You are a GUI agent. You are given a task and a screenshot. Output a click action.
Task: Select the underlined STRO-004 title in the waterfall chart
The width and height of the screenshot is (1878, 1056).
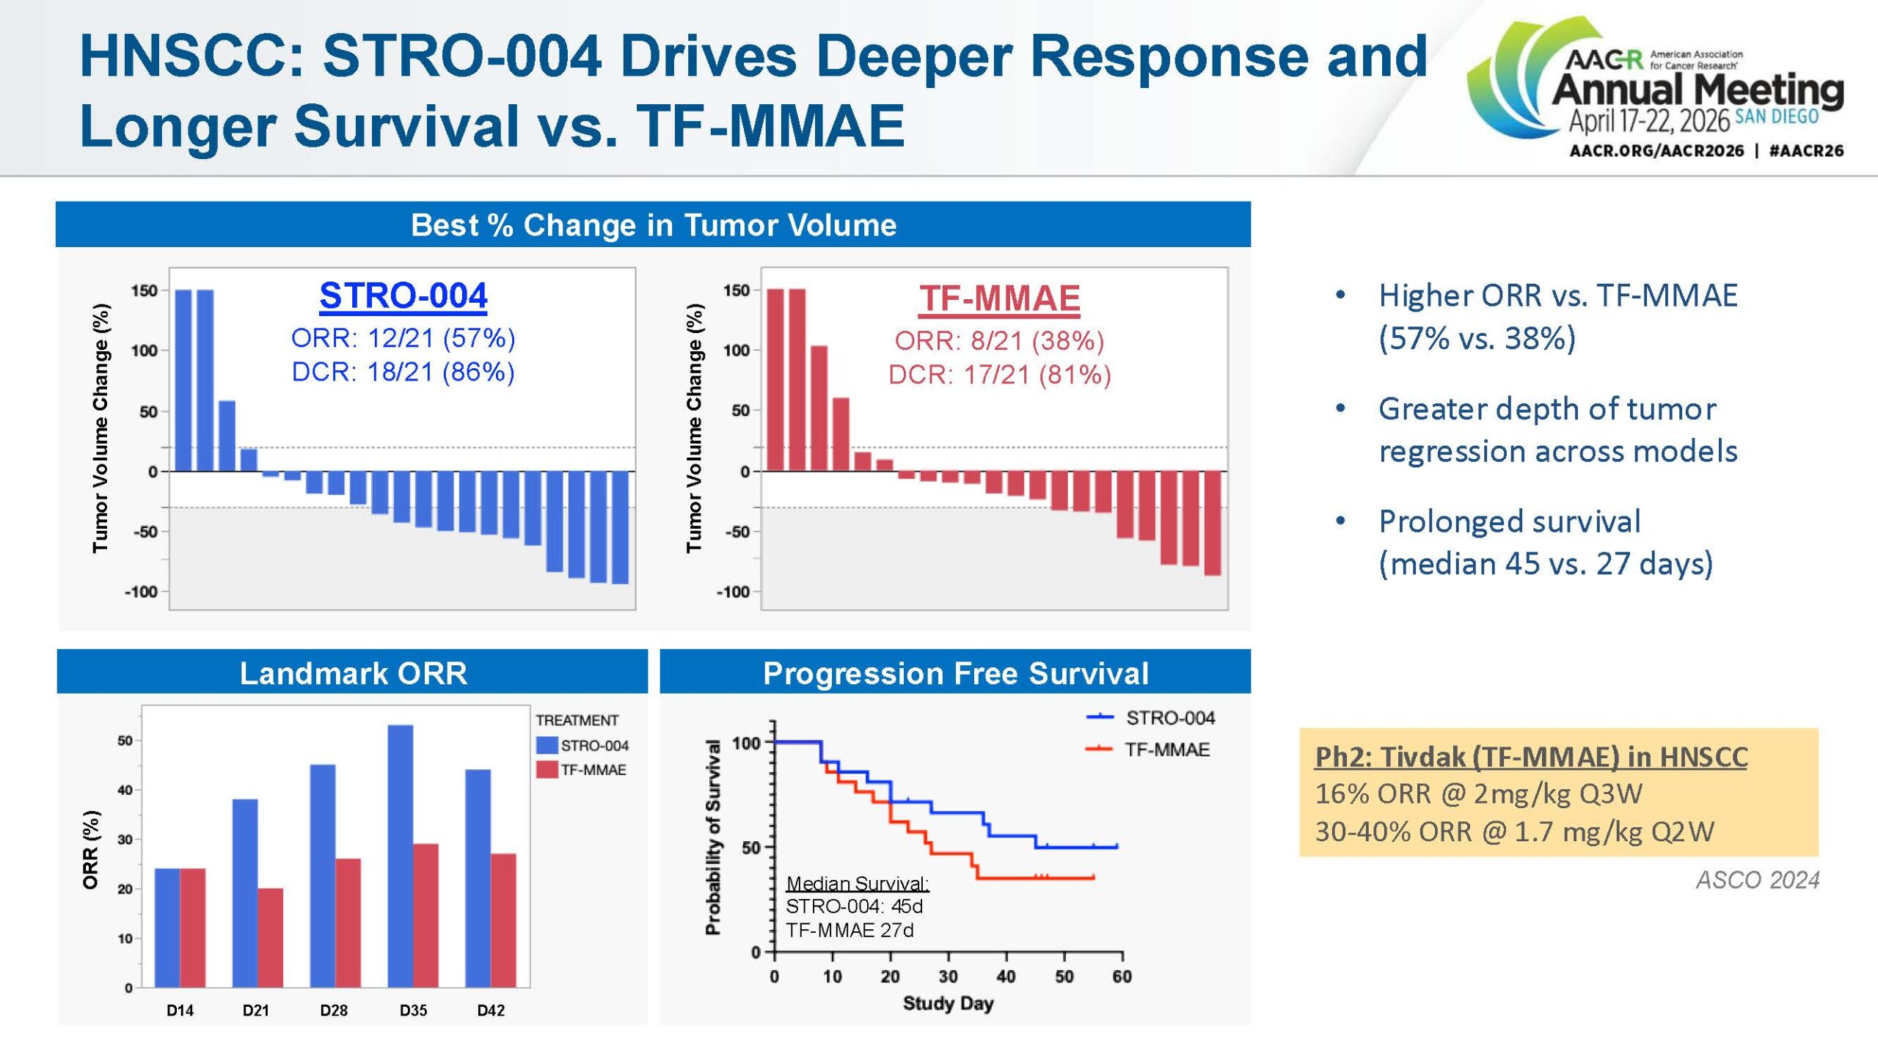point(403,296)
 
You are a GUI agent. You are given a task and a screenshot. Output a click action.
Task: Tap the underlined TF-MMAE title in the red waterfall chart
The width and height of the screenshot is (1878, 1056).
point(999,298)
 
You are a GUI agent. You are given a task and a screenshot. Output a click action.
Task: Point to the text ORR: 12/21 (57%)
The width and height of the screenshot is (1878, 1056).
point(403,338)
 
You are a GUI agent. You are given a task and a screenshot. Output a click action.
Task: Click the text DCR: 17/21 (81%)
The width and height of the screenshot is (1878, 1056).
point(999,375)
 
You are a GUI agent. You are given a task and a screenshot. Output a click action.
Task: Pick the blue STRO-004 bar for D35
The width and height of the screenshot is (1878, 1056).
point(401,856)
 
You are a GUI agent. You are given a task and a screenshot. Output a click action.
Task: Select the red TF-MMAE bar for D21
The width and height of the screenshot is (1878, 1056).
point(270,937)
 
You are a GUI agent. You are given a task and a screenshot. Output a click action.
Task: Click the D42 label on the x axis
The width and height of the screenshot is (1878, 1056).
point(491,1011)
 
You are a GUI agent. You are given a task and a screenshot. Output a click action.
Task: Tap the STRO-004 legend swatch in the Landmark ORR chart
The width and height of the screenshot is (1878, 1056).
point(547,746)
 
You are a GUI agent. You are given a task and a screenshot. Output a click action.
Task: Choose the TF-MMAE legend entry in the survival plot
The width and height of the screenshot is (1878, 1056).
point(1166,749)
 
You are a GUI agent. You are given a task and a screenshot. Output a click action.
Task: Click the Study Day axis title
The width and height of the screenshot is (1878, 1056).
point(948,1003)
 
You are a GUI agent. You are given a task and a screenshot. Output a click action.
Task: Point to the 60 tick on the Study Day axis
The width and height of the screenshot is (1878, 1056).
point(1122,977)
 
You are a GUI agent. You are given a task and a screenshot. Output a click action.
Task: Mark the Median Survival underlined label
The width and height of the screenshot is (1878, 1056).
point(858,884)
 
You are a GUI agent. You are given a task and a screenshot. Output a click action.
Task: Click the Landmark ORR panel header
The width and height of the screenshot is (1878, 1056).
point(353,672)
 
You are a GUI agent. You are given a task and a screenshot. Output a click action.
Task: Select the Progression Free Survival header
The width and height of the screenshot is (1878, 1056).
point(955,672)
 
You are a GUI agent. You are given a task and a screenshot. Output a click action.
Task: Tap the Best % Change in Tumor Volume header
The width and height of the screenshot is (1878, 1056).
point(653,225)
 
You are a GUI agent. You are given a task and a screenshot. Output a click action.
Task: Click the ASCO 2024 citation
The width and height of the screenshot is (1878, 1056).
point(1757,880)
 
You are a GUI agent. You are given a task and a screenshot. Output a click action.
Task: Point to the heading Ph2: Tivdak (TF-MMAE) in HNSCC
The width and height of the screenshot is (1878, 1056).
point(1531,757)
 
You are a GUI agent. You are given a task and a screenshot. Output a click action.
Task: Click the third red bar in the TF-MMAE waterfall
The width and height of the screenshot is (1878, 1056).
point(819,408)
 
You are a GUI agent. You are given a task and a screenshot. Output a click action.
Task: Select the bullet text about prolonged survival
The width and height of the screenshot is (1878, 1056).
point(1545,543)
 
